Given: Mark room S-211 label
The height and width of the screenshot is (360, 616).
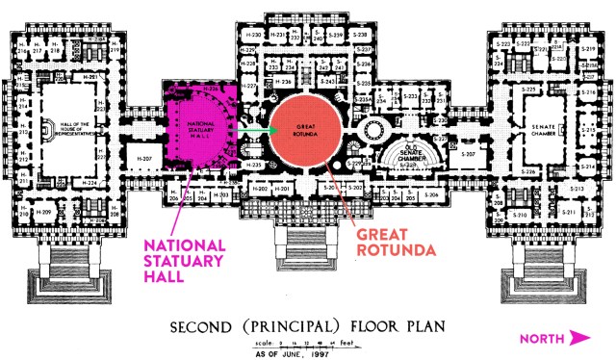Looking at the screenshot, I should (x=570, y=212).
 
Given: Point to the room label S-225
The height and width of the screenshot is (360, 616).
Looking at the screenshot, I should (x=527, y=89).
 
